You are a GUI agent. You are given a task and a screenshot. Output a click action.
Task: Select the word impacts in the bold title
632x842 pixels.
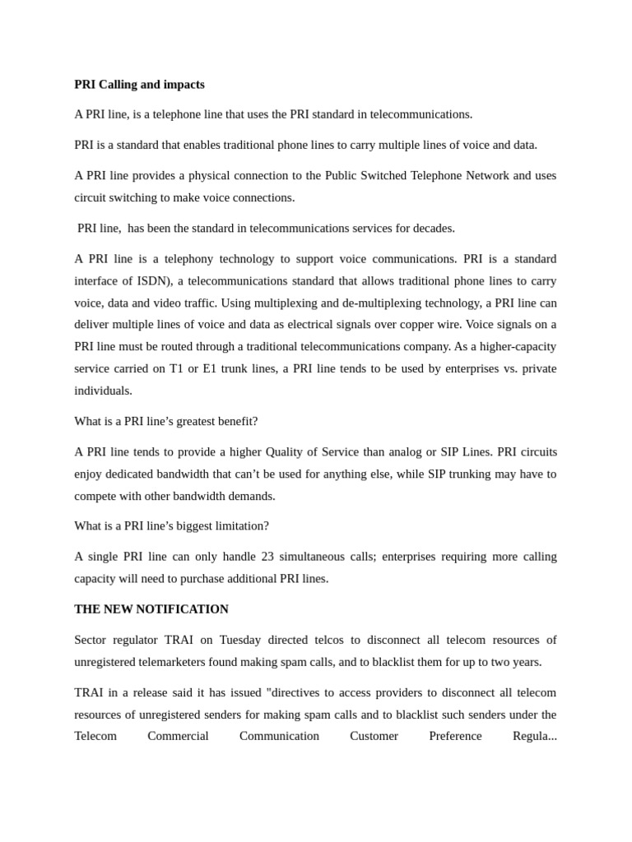pyautogui.click(x=185, y=85)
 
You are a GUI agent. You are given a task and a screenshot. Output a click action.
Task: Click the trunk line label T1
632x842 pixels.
pyautogui.click(x=176, y=368)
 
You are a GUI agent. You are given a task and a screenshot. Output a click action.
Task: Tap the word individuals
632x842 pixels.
pyautogui.click(x=103, y=391)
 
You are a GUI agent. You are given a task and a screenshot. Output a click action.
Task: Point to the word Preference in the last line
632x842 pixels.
pyautogui.click(x=455, y=736)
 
